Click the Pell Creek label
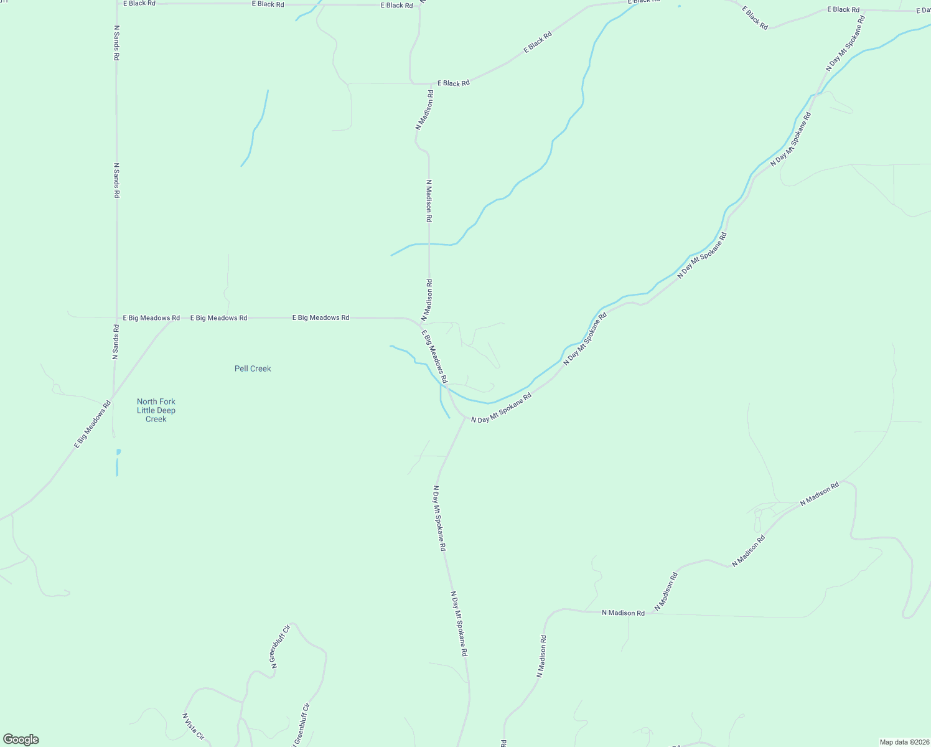(253, 369)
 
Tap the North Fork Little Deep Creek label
(156, 410)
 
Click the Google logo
(21, 740)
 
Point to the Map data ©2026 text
(904, 742)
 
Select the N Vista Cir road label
(193, 726)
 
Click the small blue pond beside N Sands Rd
(118, 452)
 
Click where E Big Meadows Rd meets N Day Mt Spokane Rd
(464, 418)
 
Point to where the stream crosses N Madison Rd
(429, 243)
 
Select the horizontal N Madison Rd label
(623, 613)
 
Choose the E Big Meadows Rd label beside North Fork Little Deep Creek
(93, 424)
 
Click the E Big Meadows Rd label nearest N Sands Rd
(151, 318)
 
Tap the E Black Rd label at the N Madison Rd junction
(453, 83)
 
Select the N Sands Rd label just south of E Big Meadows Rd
(116, 342)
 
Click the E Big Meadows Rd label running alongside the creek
(434, 357)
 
